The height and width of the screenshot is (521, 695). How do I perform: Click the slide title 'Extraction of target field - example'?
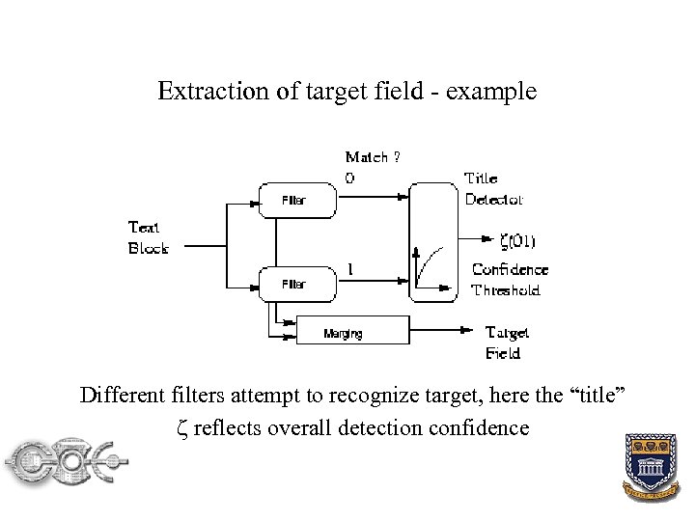coord(347,93)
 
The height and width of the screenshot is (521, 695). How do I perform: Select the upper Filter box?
coord(295,201)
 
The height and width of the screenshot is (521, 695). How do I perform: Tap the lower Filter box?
coord(295,284)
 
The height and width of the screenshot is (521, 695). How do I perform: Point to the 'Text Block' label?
coord(149,237)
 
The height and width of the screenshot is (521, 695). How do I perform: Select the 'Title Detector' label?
coord(492,189)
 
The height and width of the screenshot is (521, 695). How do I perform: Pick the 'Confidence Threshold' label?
coord(509,280)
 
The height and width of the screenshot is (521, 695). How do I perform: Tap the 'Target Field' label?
coord(507,343)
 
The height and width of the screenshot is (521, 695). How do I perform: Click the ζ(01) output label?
coord(519,240)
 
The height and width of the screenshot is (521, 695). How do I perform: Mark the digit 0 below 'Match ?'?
coord(349,178)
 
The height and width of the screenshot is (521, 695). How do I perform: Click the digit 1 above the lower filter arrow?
coord(349,269)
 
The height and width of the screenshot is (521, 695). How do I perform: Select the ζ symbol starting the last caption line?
coord(184,427)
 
